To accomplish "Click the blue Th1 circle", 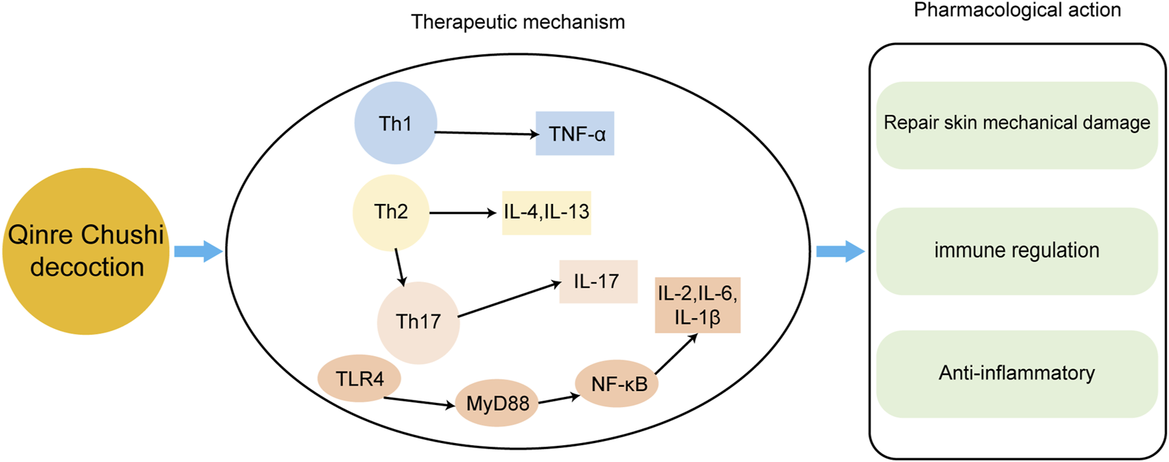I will point(395,123).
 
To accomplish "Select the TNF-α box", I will point(575,134).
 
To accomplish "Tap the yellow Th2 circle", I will point(391,212).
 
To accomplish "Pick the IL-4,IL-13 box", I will point(546,212).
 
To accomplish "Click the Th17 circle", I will point(418,322).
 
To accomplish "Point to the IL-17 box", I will point(598,281).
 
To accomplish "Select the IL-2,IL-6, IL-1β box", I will point(697,305).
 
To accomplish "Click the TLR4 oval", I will point(359,379).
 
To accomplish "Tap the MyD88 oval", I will point(497,403).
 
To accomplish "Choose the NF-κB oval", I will point(617,384).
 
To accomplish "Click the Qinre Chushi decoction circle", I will point(86,251).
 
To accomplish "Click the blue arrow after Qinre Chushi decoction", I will point(197,251).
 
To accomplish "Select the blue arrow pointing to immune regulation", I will point(839,251).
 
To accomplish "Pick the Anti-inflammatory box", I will point(1016,374).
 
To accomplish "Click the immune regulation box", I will point(1016,251).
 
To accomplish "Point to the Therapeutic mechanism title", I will point(518,22).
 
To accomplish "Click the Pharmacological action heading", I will point(1017,10).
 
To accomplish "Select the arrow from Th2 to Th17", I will point(399,267).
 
